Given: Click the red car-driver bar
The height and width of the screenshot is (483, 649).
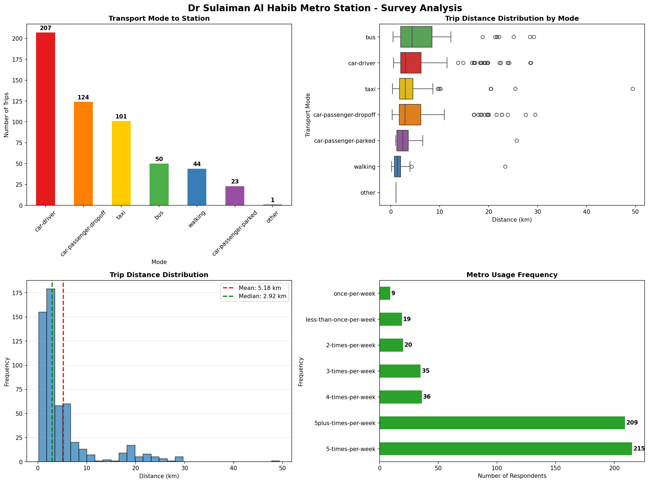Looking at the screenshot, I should tap(45, 119).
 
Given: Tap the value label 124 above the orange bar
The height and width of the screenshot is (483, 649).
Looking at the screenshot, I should tap(83, 97).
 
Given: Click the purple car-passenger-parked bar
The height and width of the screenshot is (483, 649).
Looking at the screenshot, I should tap(235, 195).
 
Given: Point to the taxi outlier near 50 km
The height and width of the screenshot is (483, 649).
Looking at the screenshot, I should tap(633, 89).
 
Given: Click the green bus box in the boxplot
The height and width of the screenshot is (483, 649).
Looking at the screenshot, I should tap(416, 37).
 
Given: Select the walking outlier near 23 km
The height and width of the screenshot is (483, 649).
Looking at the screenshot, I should tap(505, 167).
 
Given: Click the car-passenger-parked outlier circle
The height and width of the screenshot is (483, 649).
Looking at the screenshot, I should tap(517, 141).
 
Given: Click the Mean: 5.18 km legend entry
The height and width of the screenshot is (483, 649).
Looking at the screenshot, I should tap(260, 288).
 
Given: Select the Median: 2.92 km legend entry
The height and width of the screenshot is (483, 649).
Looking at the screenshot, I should tap(262, 296).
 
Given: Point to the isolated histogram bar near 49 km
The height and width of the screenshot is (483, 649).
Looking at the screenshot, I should tap(275, 461).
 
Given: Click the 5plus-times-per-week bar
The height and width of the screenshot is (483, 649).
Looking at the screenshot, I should tap(502, 423).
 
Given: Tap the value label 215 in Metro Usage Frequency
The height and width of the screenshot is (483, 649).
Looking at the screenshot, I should tap(639, 449).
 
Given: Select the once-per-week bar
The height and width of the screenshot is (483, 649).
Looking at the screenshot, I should tap(385, 293).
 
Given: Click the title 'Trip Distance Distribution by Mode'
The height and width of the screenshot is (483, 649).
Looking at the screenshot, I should tap(512, 18).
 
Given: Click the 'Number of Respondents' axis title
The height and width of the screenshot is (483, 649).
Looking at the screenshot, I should tap(512, 476).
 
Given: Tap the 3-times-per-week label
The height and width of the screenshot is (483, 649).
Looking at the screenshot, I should tap(351, 371).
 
